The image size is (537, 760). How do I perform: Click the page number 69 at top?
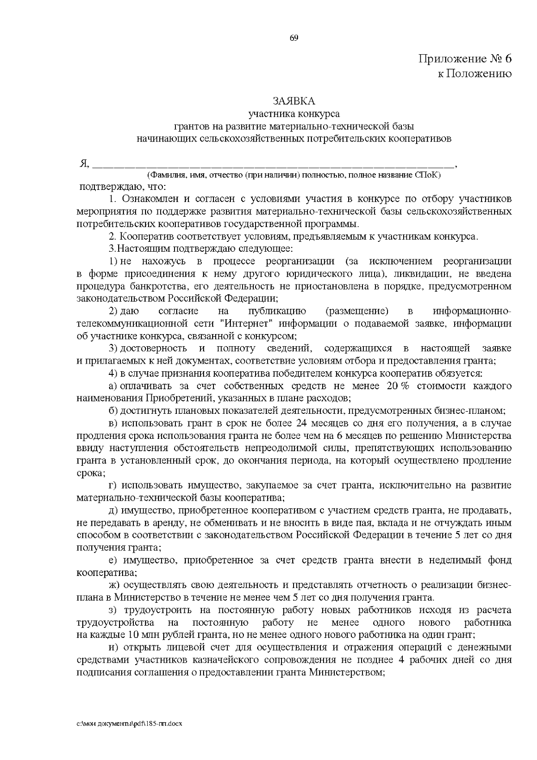(294, 38)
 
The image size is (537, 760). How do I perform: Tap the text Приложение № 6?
(465, 59)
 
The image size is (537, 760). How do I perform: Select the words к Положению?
(474, 73)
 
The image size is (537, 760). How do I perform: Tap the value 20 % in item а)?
(397, 386)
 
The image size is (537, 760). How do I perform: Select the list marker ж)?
(115, 585)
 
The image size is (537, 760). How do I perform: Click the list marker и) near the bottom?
(114, 648)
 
